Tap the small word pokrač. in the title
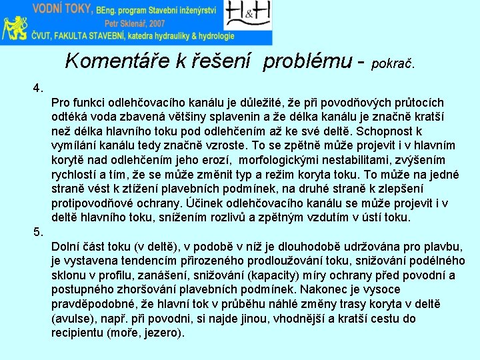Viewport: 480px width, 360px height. [393, 65]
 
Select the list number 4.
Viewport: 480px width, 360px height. [39, 87]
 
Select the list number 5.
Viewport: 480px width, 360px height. [39, 231]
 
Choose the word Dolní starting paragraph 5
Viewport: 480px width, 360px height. [66, 246]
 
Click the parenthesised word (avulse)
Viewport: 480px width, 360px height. [73, 319]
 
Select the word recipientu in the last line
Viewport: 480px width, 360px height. [78, 333]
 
